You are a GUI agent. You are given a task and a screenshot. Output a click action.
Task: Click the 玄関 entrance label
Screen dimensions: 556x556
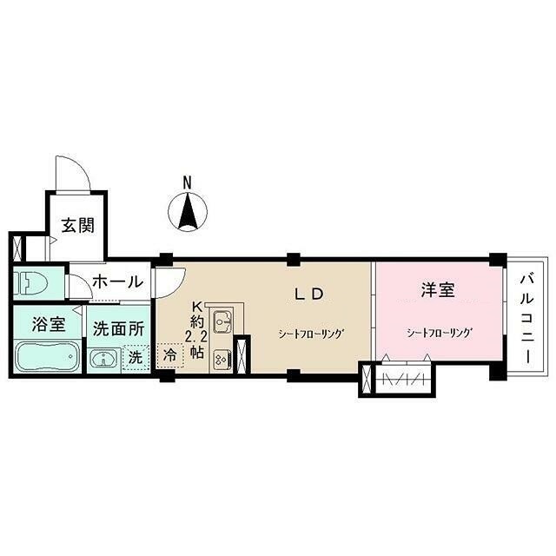click(x=76, y=223)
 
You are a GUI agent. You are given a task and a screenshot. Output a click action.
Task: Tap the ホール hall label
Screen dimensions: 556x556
click(x=116, y=281)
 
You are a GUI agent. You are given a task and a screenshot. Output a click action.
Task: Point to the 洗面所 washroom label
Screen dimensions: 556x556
click(x=118, y=329)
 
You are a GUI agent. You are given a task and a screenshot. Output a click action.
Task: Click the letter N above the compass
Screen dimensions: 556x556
click(x=187, y=182)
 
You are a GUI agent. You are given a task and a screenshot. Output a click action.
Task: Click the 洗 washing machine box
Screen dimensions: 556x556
click(x=135, y=356)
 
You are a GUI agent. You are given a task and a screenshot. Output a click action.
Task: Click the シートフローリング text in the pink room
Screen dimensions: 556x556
click(x=440, y=332)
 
